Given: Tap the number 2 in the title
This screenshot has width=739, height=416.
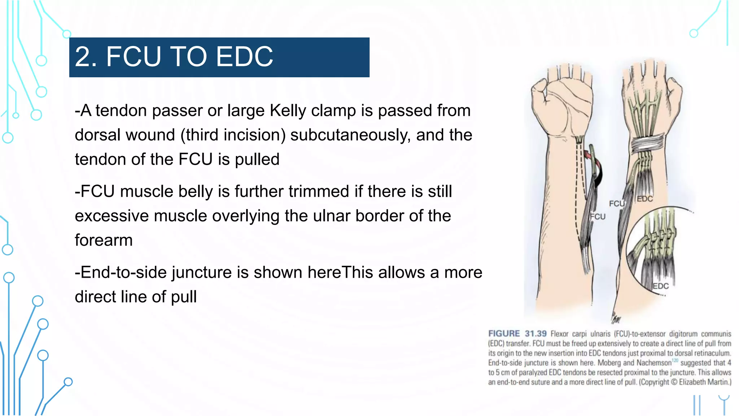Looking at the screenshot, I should click(x=82, y=57).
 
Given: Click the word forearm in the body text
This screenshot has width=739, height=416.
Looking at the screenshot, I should click(x=104, y=240).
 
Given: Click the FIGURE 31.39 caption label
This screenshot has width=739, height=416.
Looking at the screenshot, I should click(x=517, y=334).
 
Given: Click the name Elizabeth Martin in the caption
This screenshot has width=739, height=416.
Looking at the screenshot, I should click(x=704, y=382).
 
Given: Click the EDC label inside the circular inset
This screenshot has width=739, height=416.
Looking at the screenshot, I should click(x=661, y=286).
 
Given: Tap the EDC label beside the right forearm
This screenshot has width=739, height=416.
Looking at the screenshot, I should click(x=644, y=199).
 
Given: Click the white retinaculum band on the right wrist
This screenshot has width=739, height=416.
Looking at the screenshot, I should click(x=648, y=143).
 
